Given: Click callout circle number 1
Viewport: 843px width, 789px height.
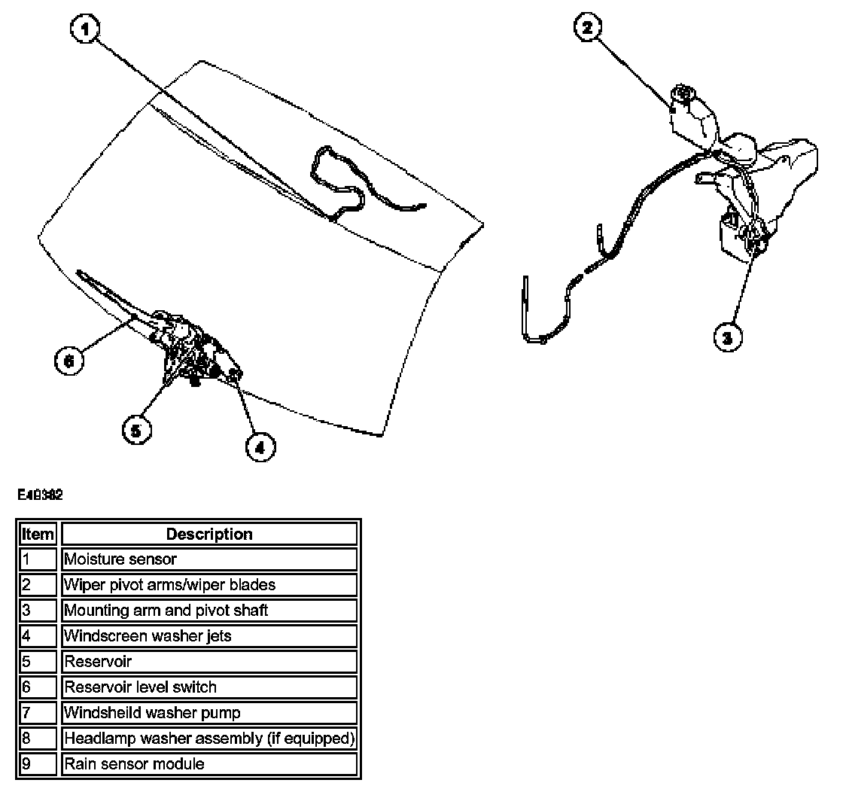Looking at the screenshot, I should click(85, 31).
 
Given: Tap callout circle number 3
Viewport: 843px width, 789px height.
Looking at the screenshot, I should click(727, 338).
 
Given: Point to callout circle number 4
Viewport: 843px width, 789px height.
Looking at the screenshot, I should click(260, 446).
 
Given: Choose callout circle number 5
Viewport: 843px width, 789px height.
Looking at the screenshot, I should click(136, 430).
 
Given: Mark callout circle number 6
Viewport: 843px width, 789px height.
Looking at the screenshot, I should click(69, 360).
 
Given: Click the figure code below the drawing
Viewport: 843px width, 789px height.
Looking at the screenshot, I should click(40, 495).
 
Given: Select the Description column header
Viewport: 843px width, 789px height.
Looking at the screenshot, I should click(208, 535).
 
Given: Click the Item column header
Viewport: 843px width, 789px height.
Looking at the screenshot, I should click(38, 535).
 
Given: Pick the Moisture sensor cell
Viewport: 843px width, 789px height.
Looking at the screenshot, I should click(208, 559).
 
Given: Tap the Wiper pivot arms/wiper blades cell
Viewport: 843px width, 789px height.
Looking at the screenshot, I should click(208, 585).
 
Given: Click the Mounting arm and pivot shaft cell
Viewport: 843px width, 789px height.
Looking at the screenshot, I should click(208, 611).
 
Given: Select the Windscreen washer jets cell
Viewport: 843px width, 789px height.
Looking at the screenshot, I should click(208, 636).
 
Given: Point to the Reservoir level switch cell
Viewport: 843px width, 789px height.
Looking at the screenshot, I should click(208, 687).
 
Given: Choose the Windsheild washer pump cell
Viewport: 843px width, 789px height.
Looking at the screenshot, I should click(208, 713).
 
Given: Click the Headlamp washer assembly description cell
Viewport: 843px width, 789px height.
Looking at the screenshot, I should click(208, 739).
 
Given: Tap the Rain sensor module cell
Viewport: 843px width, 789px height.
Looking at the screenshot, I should click(208, 764).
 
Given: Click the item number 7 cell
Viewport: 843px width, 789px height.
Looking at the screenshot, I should click(38, 713).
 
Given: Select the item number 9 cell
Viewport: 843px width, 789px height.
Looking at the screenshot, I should click(38, 764).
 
